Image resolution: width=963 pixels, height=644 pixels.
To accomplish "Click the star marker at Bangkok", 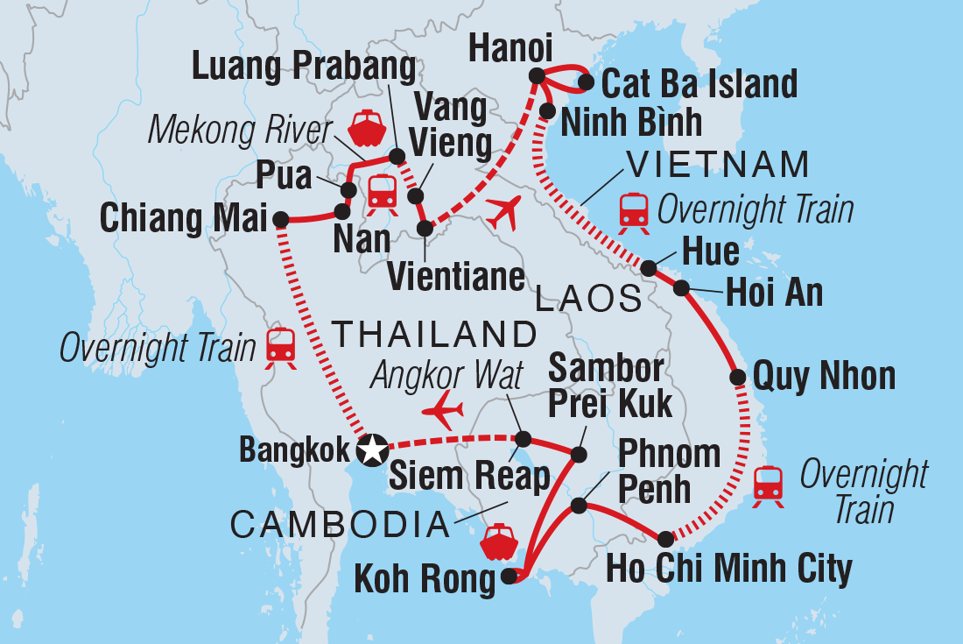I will pos(373,451).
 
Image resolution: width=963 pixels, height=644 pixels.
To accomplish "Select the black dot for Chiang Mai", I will pos(281,219).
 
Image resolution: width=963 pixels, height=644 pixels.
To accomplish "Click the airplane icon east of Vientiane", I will pos(503,212).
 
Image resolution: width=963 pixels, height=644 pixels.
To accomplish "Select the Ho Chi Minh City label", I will pos(728,569).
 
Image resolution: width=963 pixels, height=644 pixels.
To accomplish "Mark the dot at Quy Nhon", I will pos(738,378).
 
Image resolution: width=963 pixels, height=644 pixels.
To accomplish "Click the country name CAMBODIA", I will pos(338,525).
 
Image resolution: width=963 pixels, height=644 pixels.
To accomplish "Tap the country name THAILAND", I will pos(434,334).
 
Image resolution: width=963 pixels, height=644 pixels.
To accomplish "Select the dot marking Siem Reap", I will pos(523,438).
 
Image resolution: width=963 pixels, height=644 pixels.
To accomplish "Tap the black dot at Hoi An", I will pos(682,287).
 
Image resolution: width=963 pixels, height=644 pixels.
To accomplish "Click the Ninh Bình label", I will pos(631,122).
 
